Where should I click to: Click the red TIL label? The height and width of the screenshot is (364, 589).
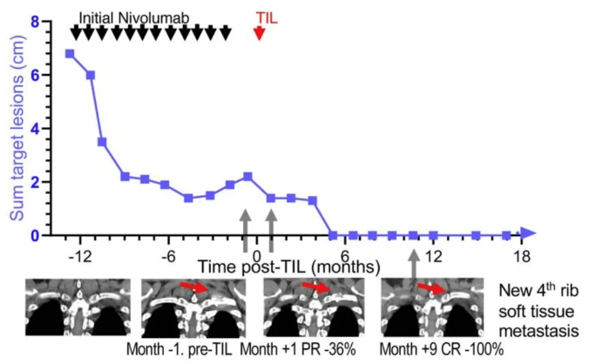click(x=267, y=16)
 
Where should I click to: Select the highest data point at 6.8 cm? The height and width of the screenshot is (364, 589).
click(x=70, y=54)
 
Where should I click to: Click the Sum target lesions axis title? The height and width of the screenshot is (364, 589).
click(x=13, y=128)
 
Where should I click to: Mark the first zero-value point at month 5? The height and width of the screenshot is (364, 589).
click(x=333, y=235)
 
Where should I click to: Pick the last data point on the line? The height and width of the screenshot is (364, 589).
click(x=506, y=235)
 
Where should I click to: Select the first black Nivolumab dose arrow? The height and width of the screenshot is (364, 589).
click(x=75, y=32)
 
